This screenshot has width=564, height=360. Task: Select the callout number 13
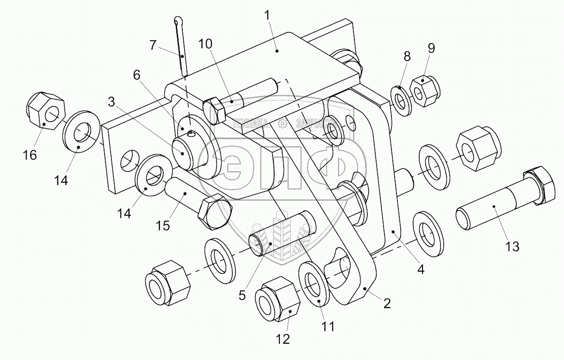tap(512, 247)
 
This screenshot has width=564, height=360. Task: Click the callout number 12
tap(283, 339)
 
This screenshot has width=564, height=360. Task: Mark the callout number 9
tap(431, 48)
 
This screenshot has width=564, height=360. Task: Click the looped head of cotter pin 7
tap(179, 21)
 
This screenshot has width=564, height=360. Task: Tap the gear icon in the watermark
tap(281, 124)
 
